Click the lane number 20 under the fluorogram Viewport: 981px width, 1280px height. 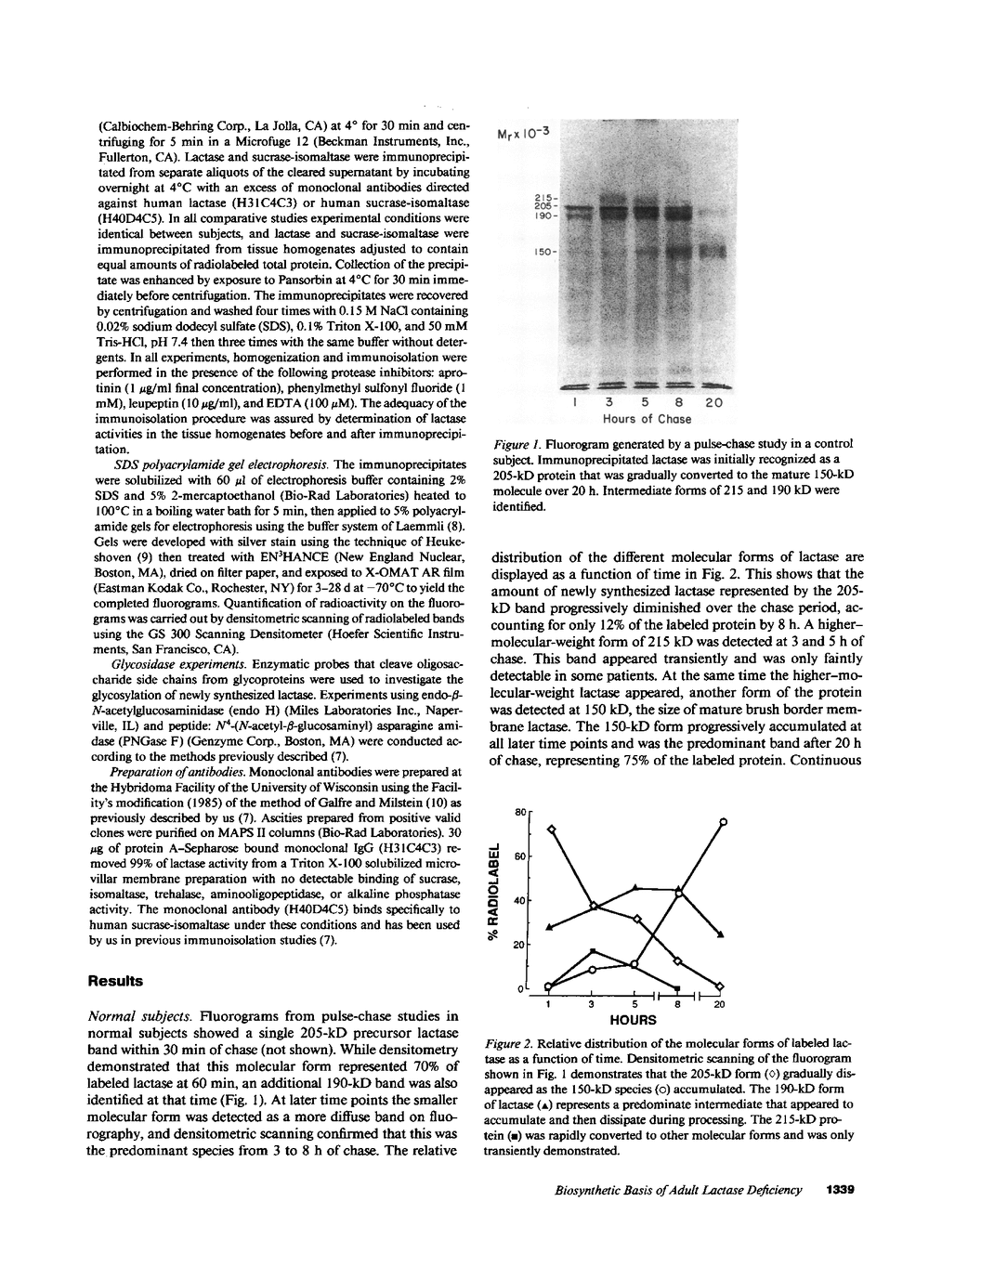point(714,403)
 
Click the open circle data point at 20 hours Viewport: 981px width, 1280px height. point(723,821)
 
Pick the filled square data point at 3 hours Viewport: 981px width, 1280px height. point(593,951)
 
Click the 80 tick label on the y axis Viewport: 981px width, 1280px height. point(519,812)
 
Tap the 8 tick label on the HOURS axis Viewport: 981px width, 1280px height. point(678,1004)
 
